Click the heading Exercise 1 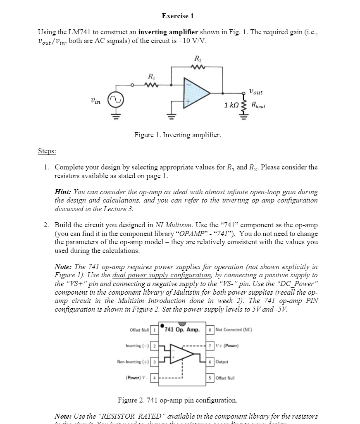(178, 16)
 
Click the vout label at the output (256, 92)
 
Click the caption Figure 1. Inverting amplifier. (178, 135)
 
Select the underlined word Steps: (47, 151)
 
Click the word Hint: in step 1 (64, 192)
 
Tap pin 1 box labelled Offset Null (154, 330)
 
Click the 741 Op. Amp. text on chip (182, 330)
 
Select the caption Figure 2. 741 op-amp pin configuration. (178, 400)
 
